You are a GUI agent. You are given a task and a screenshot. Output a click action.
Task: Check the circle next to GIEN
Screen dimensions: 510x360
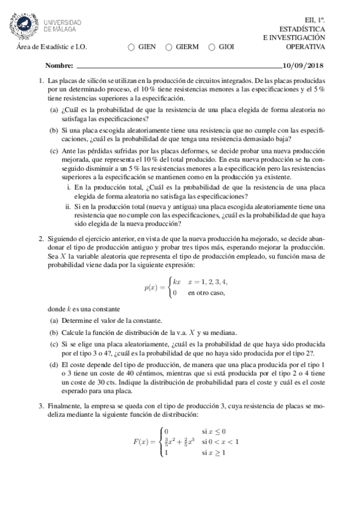132,47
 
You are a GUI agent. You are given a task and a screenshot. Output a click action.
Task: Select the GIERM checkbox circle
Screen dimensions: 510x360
169,47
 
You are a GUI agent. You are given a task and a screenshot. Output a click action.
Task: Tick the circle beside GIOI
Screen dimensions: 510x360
212,47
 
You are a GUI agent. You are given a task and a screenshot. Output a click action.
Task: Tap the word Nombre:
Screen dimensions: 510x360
59,66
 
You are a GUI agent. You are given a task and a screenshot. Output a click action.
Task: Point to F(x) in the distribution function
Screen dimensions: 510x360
141,442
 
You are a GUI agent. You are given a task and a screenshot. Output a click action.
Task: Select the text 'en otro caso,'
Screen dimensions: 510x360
206,293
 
